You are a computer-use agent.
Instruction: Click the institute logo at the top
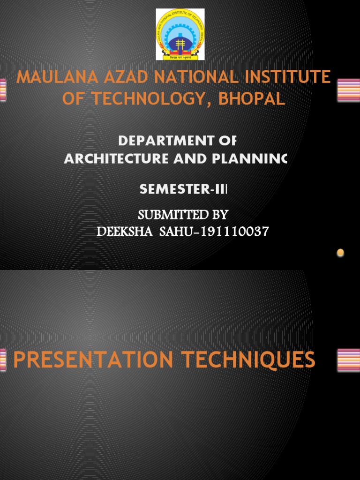tap(180, 35)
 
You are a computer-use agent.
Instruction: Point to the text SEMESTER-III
tap(183, 189)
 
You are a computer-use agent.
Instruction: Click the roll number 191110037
tap(235, 231)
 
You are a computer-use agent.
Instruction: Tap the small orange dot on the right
tap(340, 253)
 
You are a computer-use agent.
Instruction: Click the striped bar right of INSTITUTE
tap(348, 90)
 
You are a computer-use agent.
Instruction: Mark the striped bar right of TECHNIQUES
tap(348, 360)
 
